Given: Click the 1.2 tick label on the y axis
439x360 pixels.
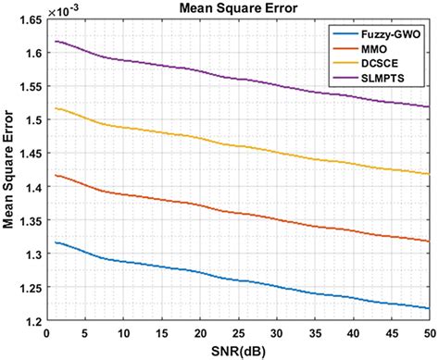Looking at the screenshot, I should click(33, 320).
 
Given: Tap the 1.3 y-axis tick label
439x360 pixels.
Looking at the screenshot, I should click(33, 254).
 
